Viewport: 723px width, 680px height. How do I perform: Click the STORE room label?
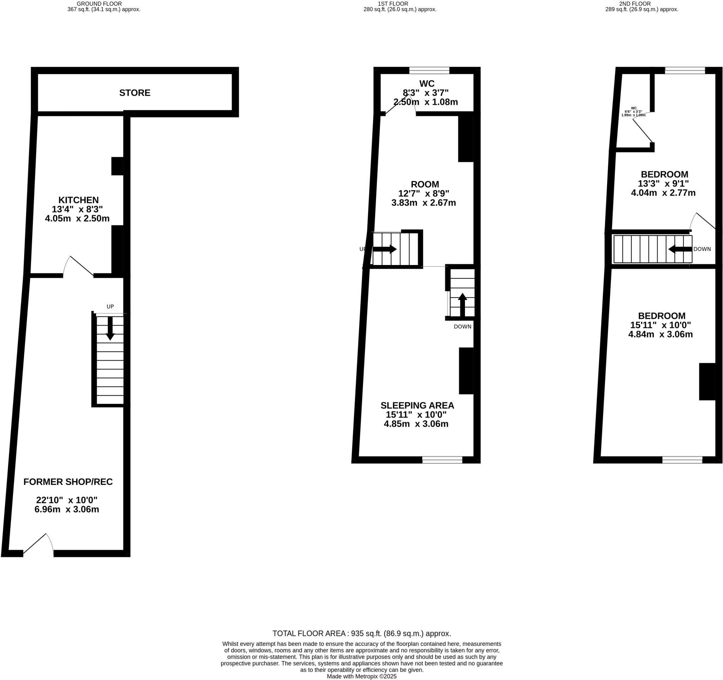[135, 93]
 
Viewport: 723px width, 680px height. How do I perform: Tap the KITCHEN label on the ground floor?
[79, 200]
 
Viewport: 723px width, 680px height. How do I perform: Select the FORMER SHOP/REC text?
[68, 482]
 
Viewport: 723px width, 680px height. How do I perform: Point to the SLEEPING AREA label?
[417, 405]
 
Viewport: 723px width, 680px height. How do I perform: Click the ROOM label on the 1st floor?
[425, 184]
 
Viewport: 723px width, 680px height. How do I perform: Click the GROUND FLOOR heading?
[99, 4]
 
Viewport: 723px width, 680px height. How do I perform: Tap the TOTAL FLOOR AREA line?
[361, 633]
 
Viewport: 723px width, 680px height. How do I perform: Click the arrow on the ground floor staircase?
[110, 329]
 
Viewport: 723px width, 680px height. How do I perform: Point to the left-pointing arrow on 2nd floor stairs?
[680, 249]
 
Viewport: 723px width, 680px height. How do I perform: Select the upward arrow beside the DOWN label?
[462, 305]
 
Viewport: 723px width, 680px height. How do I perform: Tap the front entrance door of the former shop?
[38, 546]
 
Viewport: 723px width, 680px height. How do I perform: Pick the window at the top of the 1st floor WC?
[429, 71]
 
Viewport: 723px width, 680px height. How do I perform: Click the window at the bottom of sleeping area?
[442, 460]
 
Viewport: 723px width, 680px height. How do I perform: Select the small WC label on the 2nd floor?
[634, 108]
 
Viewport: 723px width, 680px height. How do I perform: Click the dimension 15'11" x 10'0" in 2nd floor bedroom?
[661, 325]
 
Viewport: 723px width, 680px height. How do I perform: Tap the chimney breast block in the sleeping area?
[466, 371]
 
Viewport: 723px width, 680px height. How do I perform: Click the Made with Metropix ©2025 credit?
[361, 676]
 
